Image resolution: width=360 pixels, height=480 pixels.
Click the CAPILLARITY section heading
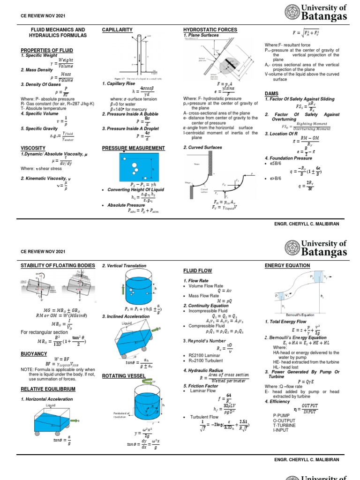coord(117,30)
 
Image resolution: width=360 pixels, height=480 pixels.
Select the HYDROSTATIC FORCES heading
coord(210,30)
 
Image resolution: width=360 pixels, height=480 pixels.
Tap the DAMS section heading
coord(271,94)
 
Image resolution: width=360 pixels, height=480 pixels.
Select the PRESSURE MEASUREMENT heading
coord(134,148)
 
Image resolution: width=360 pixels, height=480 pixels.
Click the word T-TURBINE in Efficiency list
coord(285,425)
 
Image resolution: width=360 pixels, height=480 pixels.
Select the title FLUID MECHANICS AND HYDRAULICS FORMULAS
coord(58,32)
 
